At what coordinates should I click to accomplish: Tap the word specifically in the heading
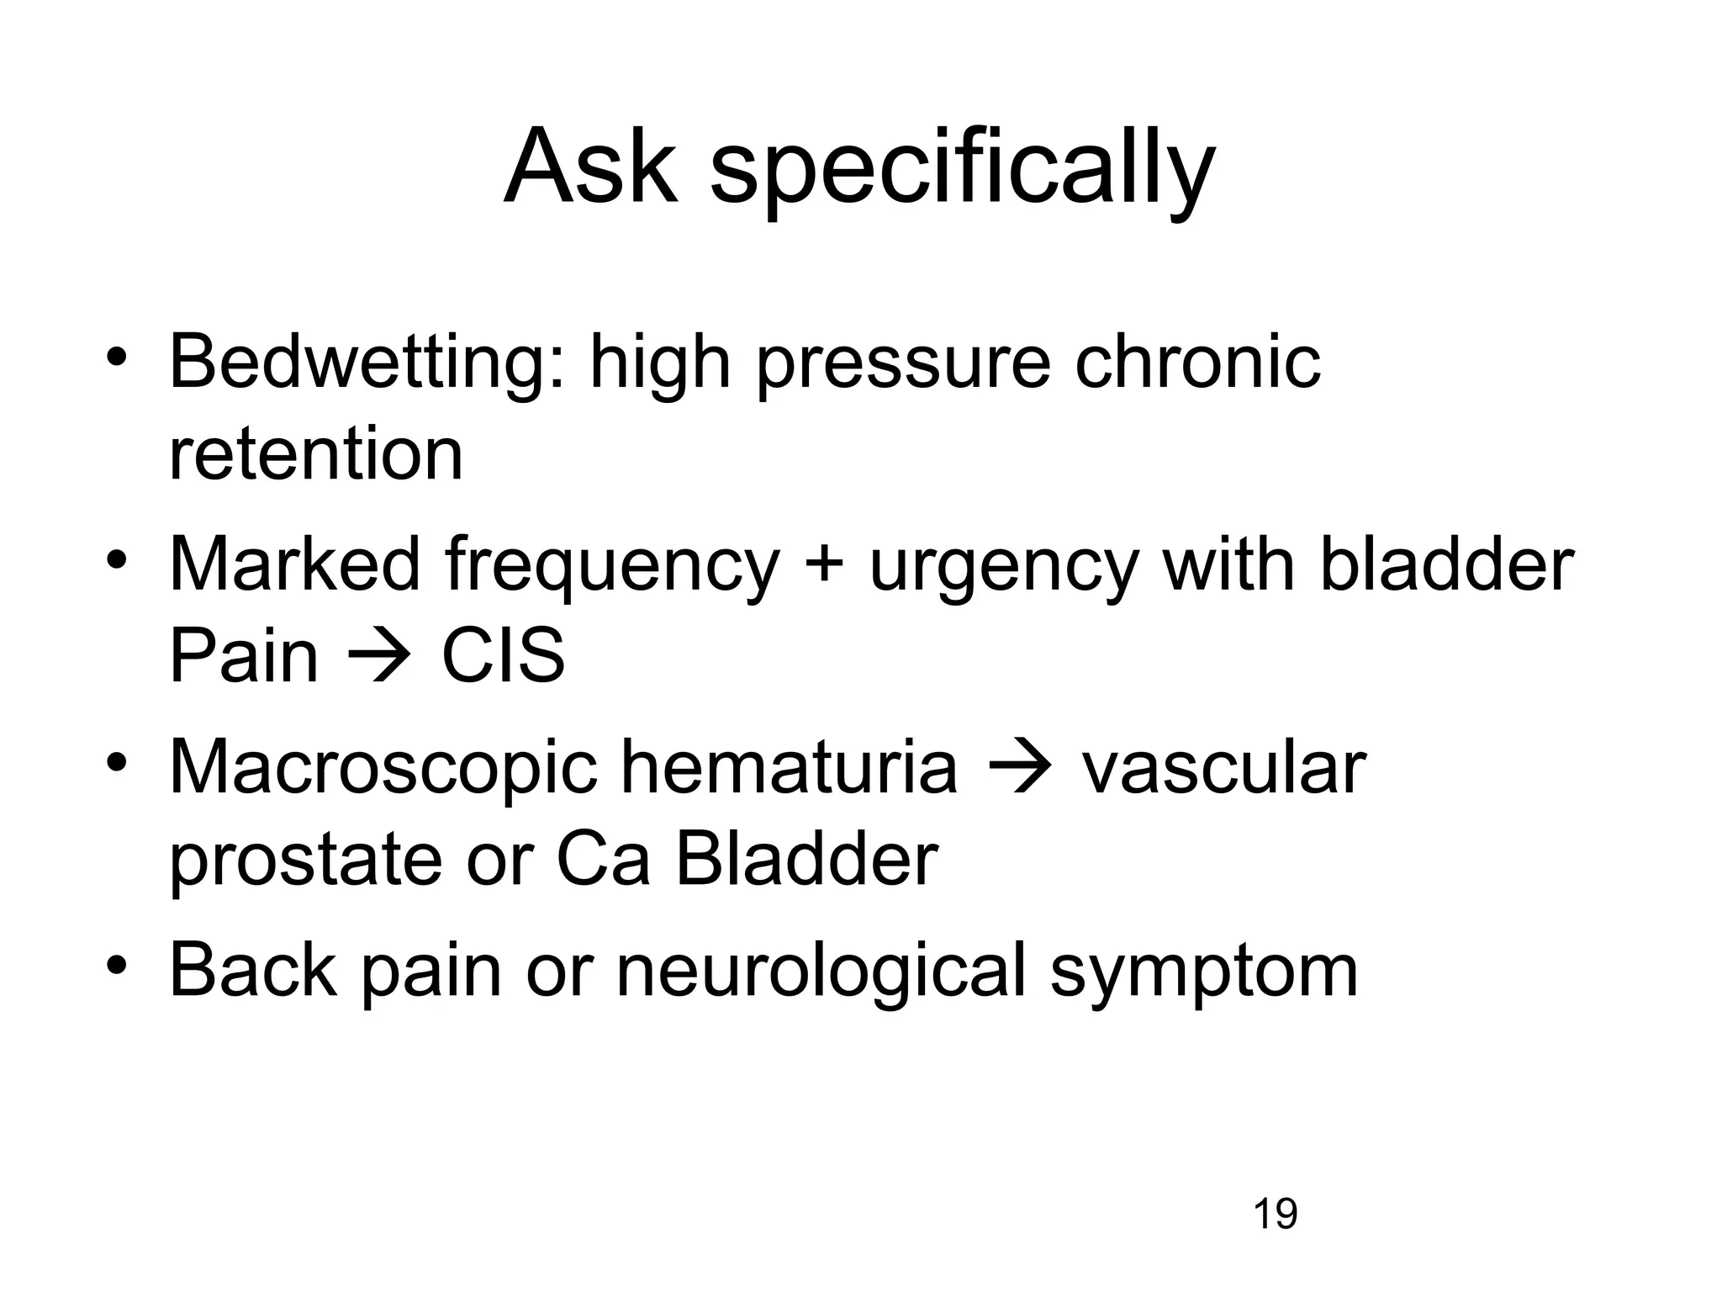coord(962,172)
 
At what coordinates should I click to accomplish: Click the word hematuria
coord(789,767)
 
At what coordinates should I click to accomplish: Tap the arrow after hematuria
coord(1018,769)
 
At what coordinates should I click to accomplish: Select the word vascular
coord(1223,769)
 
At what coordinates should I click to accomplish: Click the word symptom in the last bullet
coord(1204,976)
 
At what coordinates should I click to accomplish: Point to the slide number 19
coord(1275,1215)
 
